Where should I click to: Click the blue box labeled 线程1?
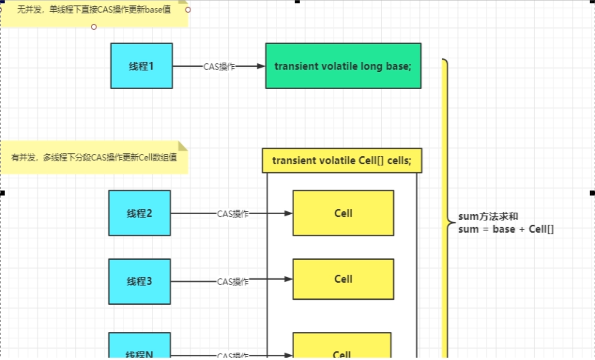point(141,66)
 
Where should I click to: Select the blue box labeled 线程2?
point(140,213)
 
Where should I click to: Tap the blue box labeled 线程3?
point(140,281)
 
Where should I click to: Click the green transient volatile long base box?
point(343,66)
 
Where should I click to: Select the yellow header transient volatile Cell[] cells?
point(342,161)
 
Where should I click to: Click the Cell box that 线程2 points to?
point(343,213)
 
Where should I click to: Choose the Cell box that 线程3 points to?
point(343,279)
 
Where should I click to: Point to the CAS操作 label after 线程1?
point(219,67)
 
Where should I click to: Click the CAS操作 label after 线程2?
point(233,214)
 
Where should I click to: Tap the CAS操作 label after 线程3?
point(233,282)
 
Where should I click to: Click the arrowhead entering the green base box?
point(261,66)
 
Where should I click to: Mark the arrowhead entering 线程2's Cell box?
point(289,214)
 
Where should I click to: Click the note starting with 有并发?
point(94,157)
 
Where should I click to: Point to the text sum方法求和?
point(488,217)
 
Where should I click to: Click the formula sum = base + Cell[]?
point(506,229)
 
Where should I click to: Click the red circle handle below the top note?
point(94,27)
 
